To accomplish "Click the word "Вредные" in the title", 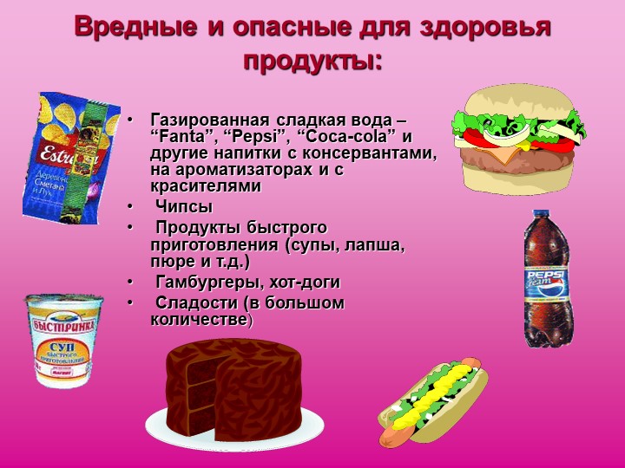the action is pyautogui.click(x=135, y=27).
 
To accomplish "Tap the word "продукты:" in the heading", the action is pyautogui.click(x=312, y=62).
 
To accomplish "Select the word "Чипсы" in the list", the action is pyautogui.click(x=184, y=207).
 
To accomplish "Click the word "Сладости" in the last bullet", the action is pyautogui.click(x=196, y=302).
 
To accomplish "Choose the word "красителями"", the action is pyautogui.click(x=206, y=186).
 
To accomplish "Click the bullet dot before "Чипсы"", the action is pyautogui.click(x=129, y=207).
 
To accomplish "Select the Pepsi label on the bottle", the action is pyautogui.click(x=547, y=283).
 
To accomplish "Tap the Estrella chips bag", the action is pyautogui.click(x=72, y=159).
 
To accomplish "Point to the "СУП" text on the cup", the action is pyautogui.click(x=62, y=347).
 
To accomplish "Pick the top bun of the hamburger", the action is pyautogui.click(x=523, y=102).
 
